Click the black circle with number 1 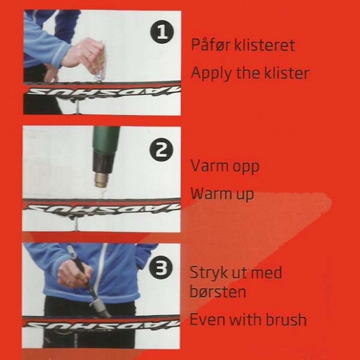coord(162,31)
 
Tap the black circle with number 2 coord(161,150)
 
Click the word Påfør coord(211,44)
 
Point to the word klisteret coord(264,45)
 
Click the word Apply coord(211,74)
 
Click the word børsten coord(218,292)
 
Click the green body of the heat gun coord(106,140)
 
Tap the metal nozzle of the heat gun coord(102,179)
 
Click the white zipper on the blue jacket coord(100,271)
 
